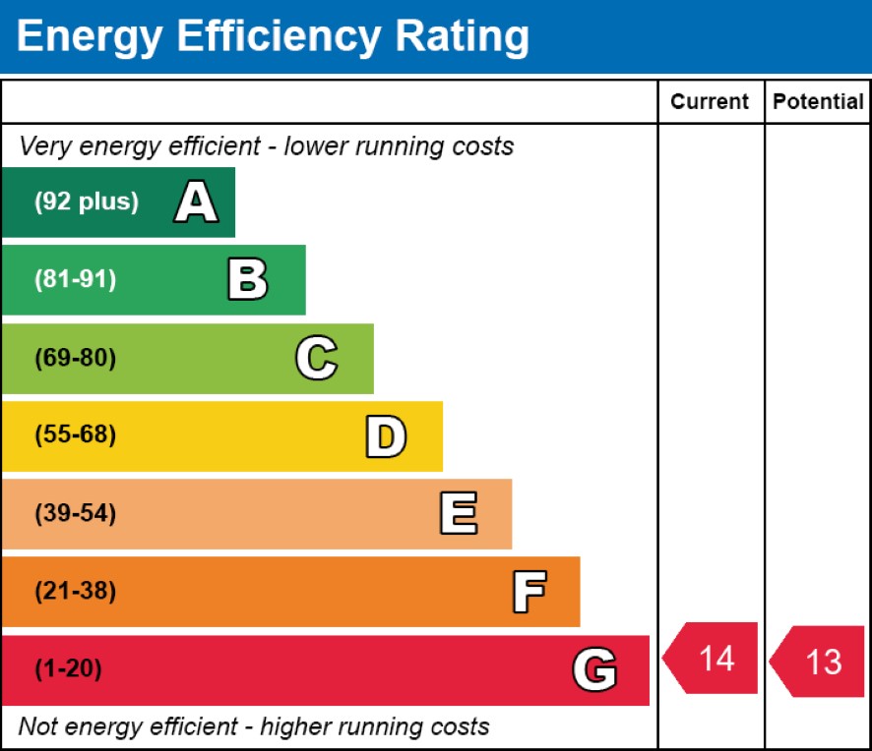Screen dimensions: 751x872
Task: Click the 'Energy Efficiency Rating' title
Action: (x=273, y=37)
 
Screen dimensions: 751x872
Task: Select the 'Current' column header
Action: (x=710, y=101)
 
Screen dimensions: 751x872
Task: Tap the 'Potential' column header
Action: (x=818, y=101)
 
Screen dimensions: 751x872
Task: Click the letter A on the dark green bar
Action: (x=196, y=202)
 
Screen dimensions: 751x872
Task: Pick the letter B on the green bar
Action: (x=247, y=280)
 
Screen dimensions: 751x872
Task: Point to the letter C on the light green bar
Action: (x=317, y=358)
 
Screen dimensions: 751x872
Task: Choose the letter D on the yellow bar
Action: (x=386, y=435)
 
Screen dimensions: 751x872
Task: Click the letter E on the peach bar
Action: (x=459, y=513)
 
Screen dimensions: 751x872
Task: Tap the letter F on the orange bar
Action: (x=529, y=592)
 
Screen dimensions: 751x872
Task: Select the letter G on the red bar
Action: (x=594, y=670)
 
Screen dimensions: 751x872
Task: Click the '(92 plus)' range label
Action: (x=87, y=202)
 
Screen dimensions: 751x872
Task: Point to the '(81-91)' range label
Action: (x=75, y=280)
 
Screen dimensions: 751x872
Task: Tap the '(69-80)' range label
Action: (x=75, y=358)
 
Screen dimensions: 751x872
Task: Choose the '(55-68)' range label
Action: (x=75, y=435)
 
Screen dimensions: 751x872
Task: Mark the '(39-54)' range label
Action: (x=75, y=513)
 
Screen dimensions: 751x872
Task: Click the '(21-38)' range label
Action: (x=75, y=592)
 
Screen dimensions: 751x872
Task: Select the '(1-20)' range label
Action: (x=68, y=670)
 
